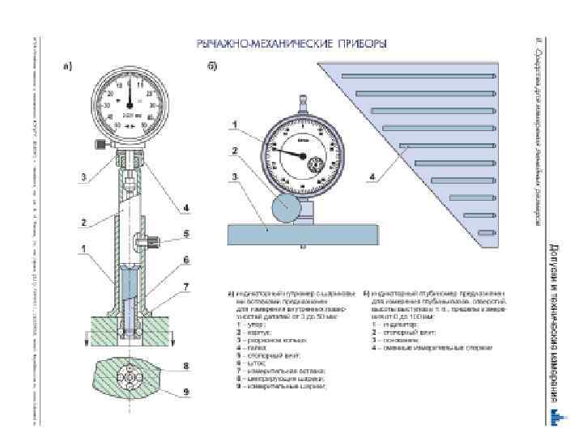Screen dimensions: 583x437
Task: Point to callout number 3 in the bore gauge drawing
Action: pyautogui.click(x=83, y=176)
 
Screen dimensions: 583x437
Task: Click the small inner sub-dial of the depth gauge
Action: pyautogui.click(x=317, y=167)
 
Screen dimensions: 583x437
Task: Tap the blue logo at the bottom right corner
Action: pyautogui.click(x=554, y=416)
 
